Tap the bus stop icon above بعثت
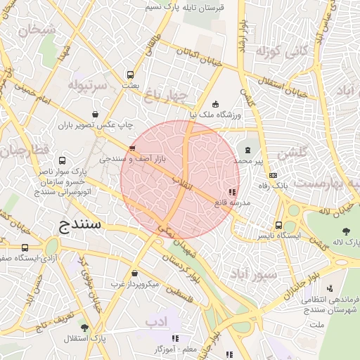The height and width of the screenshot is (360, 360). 130,75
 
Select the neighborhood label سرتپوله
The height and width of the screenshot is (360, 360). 87,86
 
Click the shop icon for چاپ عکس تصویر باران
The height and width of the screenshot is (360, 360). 95,114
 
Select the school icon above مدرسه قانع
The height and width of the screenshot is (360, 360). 232,191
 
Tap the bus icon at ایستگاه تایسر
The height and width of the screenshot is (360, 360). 279,226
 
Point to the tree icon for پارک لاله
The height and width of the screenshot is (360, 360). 345,231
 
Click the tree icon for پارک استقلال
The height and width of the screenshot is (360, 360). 84,328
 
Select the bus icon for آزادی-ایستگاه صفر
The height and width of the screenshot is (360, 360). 25,248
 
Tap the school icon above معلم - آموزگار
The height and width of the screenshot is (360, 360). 175,338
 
